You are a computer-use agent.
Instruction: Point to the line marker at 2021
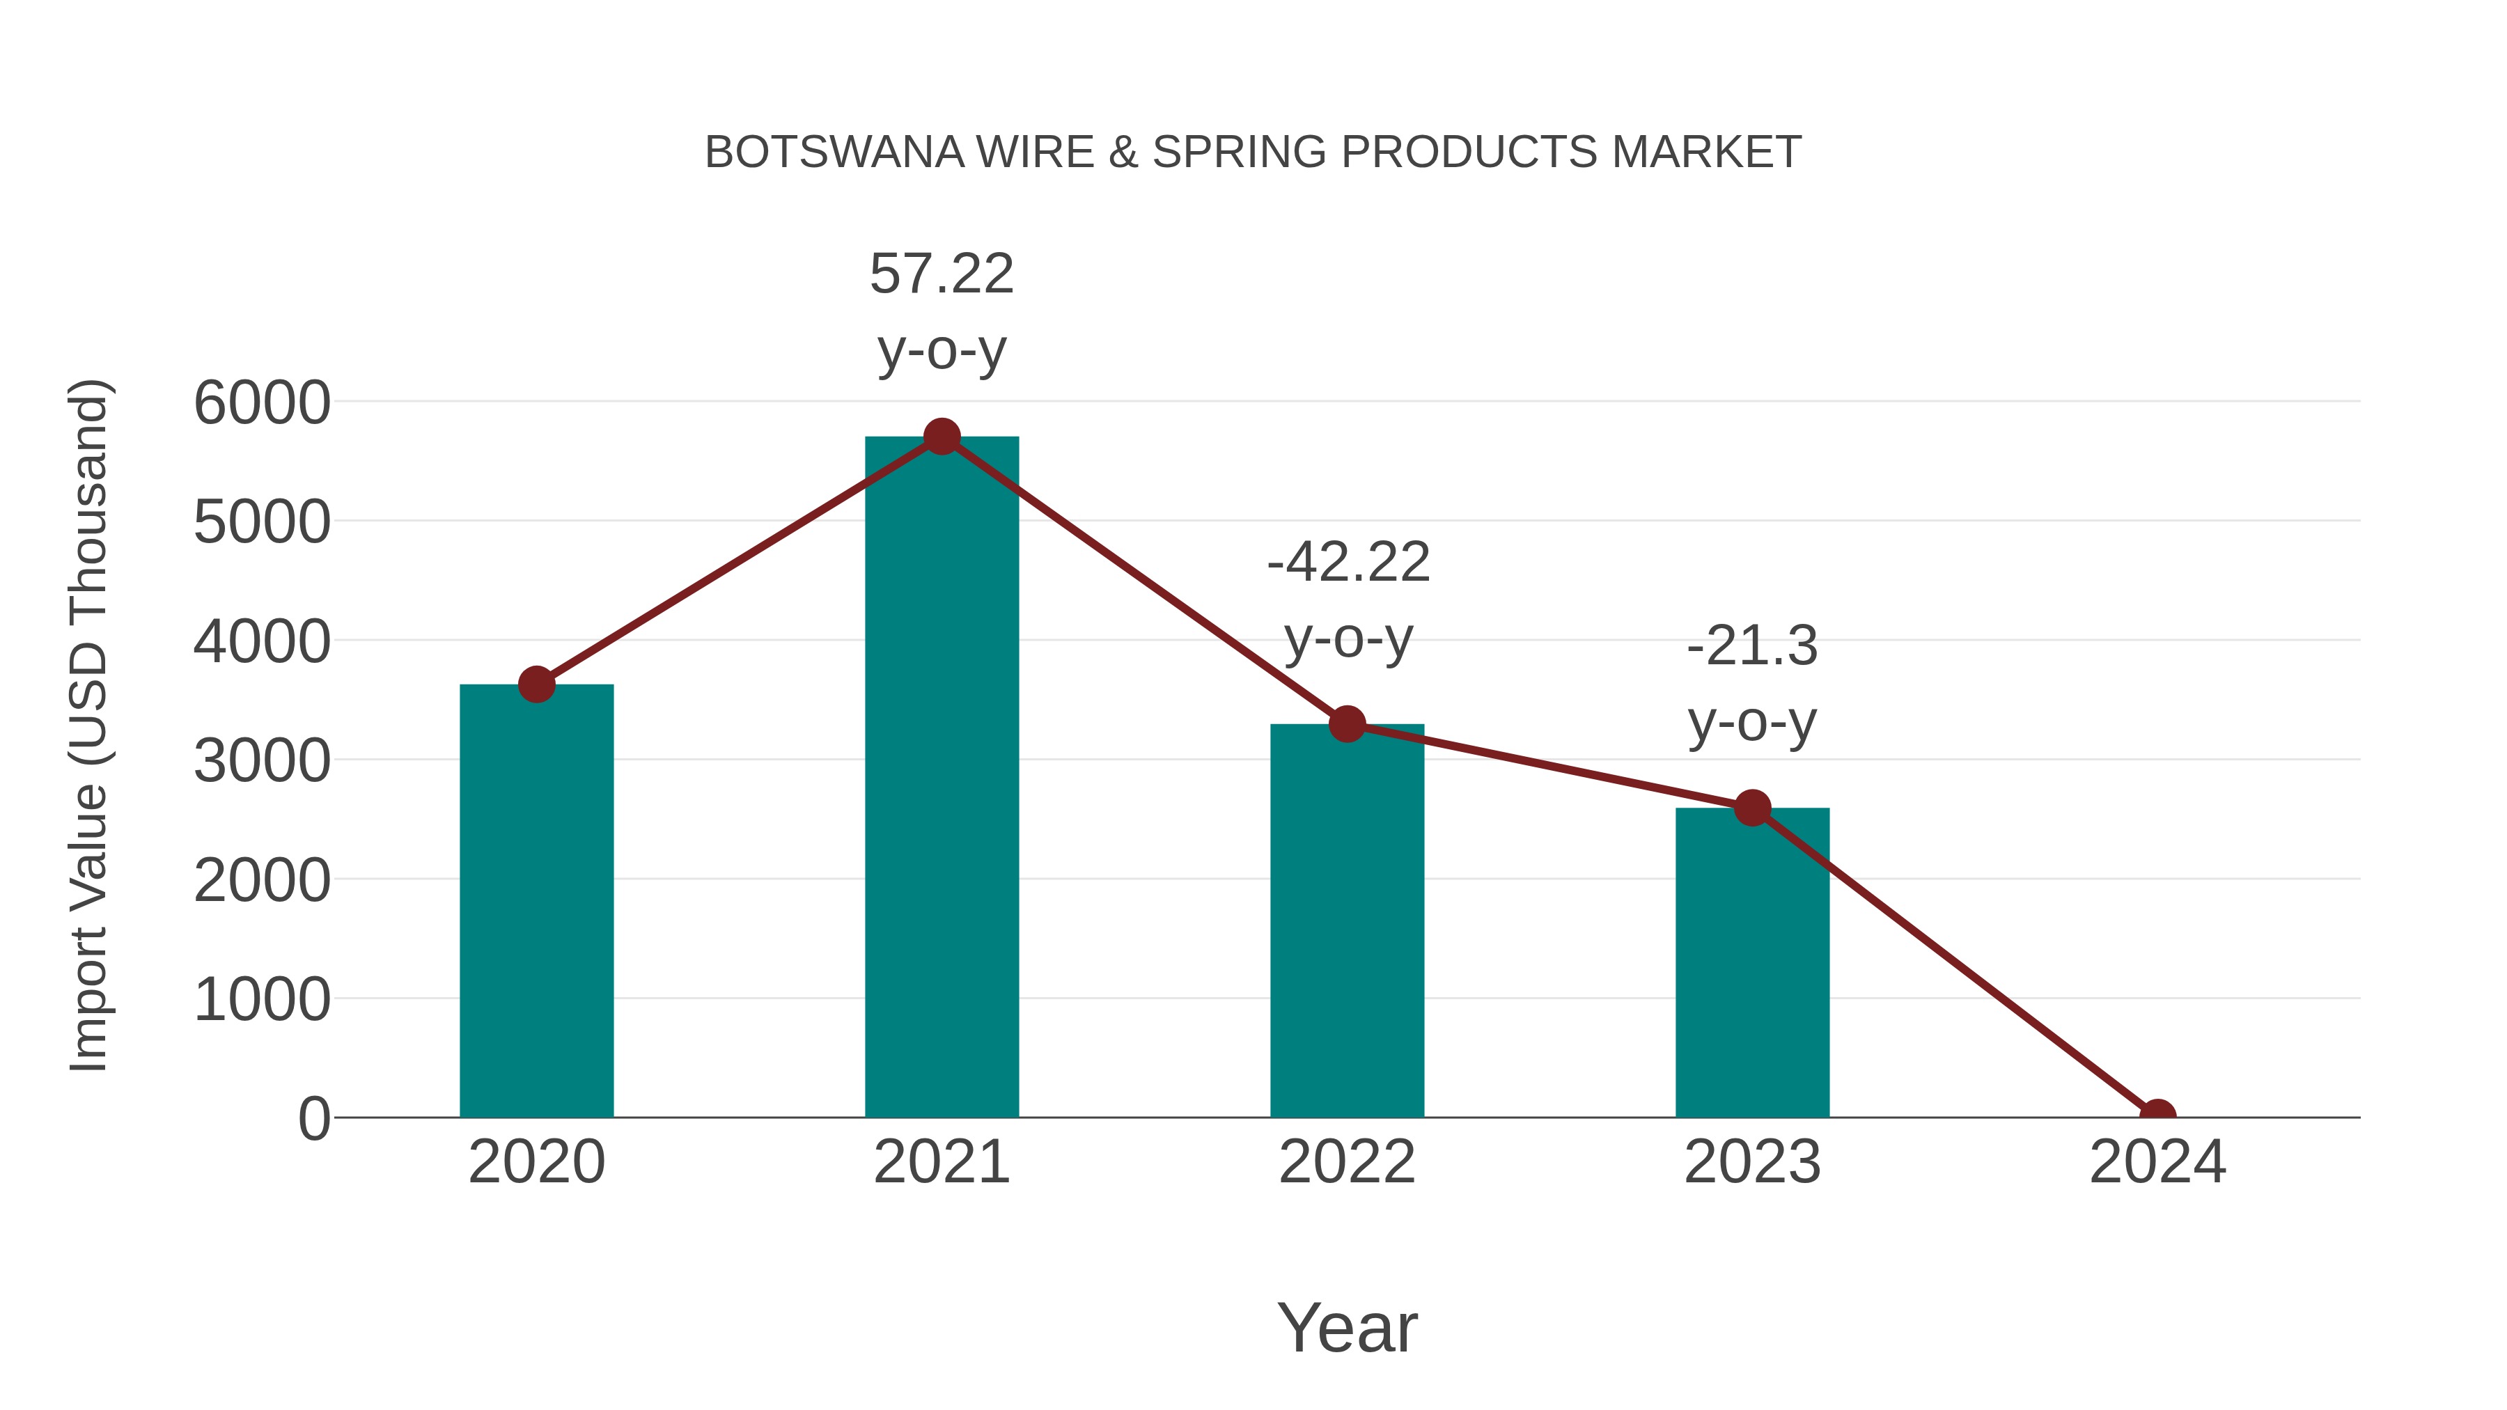pos(941,437)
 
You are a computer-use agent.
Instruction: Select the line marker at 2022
pos(1347,724)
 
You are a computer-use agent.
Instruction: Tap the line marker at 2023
pos(1752,808)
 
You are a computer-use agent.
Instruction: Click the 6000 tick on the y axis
pos(262,403)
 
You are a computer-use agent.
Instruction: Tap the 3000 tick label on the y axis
pos(262,761)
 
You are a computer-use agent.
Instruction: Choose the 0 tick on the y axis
pos(313,1119)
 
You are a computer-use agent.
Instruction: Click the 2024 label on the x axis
pos(2157,1162)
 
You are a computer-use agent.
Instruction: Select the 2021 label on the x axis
pos(941,1162)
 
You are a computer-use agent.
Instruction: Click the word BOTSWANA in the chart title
pos(834,152)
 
